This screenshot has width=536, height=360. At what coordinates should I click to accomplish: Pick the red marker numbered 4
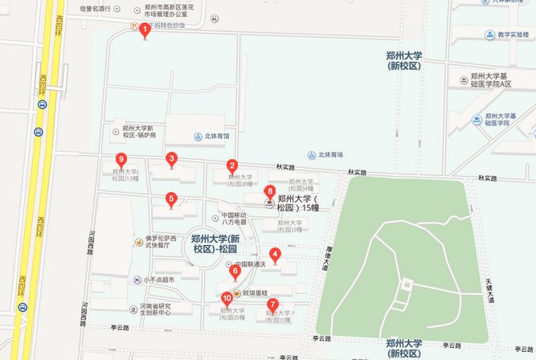(x=275, y=256)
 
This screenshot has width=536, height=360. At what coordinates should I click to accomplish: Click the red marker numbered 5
(x=171, y=199)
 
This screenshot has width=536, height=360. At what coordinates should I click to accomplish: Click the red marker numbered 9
(x=121, y=160)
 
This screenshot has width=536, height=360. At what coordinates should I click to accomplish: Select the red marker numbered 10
(x=227, y=299)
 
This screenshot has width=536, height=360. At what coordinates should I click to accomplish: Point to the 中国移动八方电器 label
(x=239, y=218)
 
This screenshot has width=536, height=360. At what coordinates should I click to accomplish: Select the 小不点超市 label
(x=158, y=280)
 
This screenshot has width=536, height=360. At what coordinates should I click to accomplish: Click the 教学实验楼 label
(x=515, y=35)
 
